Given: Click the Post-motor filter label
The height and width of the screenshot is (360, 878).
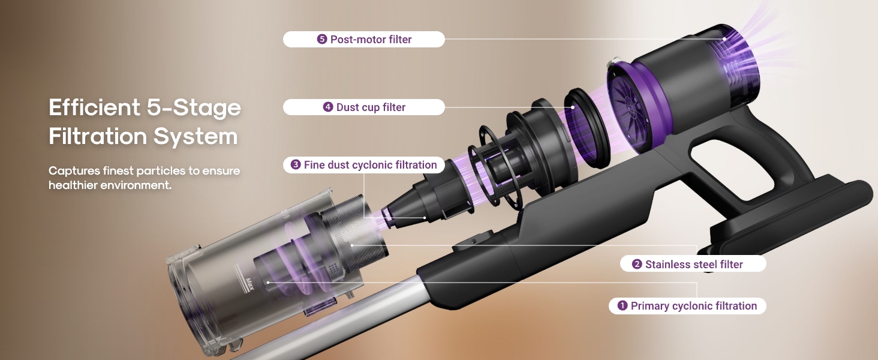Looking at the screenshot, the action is click(x=364, y=39).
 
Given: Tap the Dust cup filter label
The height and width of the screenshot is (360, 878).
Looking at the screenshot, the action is click(x=364, y=107).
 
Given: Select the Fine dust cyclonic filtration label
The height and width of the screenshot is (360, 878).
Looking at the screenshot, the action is click(x=364, y=165).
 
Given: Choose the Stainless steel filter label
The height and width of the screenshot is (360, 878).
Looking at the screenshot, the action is click(x=693, y=264).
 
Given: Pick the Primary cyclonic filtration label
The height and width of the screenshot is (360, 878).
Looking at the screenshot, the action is click(x=687, y=306).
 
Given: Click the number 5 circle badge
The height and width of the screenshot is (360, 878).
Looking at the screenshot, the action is click(x=322, y=39).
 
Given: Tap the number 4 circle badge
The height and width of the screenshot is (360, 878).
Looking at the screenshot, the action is click(x=328, y=107).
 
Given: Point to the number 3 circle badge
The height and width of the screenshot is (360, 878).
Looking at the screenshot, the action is click(x=296, y=165).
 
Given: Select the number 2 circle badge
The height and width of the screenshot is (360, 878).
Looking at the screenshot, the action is click(x=637, y=264).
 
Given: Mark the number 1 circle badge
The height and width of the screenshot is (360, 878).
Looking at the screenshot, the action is click(x=623, y=305).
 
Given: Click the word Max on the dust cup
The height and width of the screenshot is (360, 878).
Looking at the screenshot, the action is click(x=249, y=284).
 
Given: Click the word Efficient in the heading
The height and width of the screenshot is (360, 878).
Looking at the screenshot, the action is click(x=95, y=107).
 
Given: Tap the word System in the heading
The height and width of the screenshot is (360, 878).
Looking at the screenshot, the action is click(x=195, y=136).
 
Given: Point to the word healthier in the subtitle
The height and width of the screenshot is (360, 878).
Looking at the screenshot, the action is click(x=73, y=185).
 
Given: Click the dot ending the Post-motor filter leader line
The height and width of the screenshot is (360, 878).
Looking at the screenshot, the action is click(x=724, y=39).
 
